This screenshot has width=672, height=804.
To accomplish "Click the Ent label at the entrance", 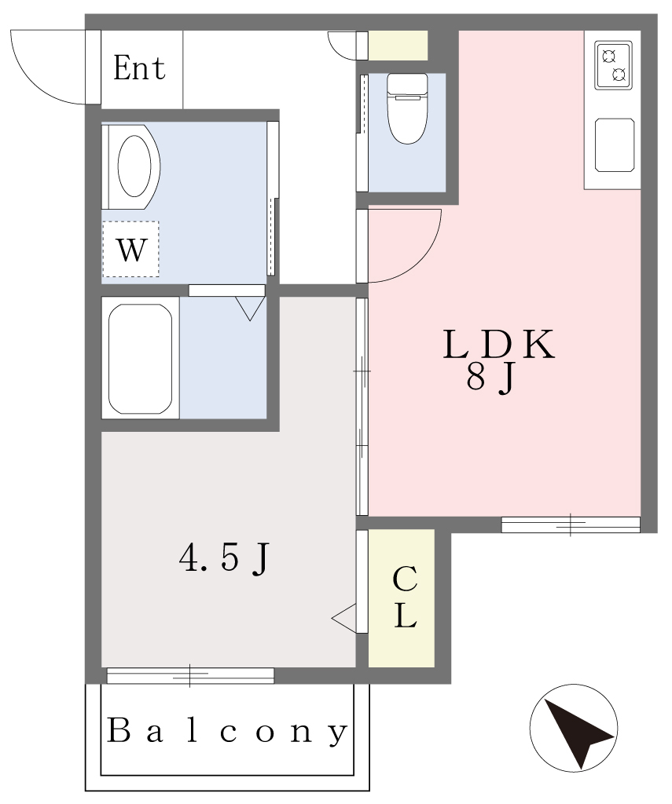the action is [140, 68].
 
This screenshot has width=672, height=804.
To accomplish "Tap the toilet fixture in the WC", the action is [407, 108].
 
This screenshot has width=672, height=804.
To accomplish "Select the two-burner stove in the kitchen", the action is [613, 65].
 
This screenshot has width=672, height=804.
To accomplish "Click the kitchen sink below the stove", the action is [614, 145].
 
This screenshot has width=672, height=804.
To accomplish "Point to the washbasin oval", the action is [134, 166].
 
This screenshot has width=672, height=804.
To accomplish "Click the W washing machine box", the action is [130, 249].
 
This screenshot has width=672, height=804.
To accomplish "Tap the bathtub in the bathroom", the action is [140, 358].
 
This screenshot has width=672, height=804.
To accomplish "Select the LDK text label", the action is [498, 345].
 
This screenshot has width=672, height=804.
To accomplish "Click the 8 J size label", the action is [490, 379].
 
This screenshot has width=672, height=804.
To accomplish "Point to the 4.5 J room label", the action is [224, 558].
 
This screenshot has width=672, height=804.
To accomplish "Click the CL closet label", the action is [405, 598].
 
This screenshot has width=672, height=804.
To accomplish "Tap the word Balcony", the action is [226, 731].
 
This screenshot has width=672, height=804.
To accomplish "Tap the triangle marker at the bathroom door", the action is [250, 309].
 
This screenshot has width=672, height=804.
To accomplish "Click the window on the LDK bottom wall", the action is [571, 524].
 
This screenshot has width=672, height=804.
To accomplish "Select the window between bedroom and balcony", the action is [190, 675].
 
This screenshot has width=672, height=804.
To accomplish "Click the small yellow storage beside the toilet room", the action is [398, 45].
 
